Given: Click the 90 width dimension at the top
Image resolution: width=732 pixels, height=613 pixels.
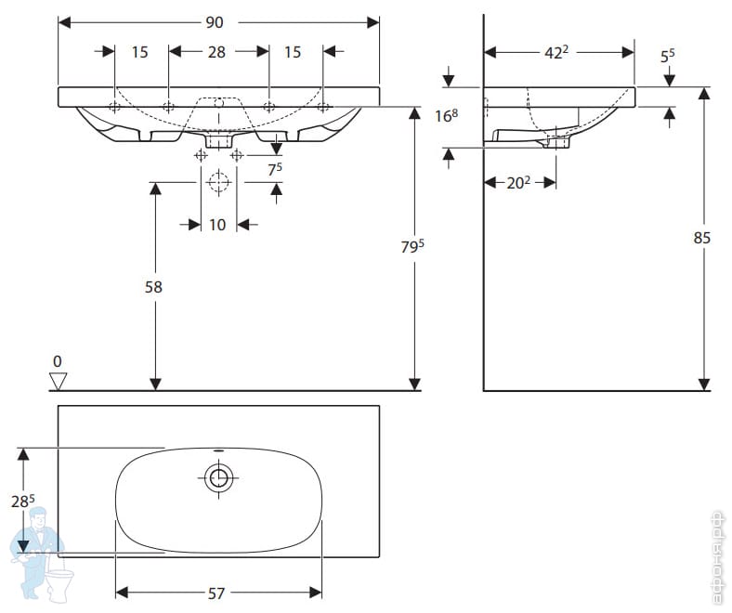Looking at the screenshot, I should [216, 22].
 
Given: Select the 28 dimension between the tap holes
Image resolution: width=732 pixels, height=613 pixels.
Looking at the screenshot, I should [216, 53].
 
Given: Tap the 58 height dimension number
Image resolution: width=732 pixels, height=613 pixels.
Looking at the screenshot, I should [153, 288].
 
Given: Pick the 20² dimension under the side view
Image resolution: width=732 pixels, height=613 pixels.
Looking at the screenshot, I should [518, 183].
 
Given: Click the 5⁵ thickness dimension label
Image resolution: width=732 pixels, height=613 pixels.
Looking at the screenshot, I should [667, 57].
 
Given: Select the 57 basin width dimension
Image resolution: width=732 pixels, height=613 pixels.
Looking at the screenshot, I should [216, 593].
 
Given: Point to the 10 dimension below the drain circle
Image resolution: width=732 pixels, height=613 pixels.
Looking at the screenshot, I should [216, 225].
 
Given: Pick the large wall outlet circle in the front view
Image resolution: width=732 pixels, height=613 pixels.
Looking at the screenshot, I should [218, 183].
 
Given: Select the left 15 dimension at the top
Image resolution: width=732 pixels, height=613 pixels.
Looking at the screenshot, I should [139, 53].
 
